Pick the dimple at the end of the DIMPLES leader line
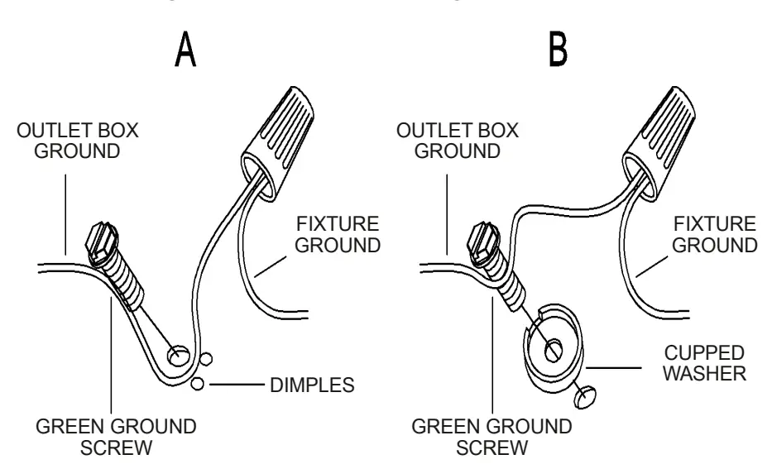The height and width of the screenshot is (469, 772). [x=197, y=385]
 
